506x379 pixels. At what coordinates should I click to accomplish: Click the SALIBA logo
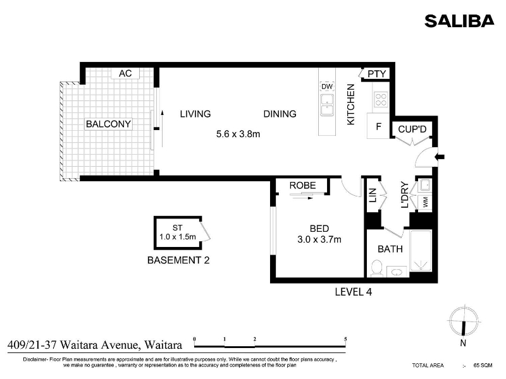point(459,21)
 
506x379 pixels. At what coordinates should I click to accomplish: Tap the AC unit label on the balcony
point(125,73)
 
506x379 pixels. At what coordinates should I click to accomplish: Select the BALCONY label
point(108,124)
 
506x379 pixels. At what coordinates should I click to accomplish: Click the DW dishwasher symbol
point(327,87)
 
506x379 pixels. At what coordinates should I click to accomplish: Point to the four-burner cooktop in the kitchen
point(381,99)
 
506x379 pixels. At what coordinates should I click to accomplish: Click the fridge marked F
point(378,126)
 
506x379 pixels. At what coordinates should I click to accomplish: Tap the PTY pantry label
point(376,74)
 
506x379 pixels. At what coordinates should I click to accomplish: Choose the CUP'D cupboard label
point(412,129)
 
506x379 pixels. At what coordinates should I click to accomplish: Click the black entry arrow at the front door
point(440,157)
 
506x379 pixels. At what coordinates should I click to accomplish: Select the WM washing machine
point(425,203)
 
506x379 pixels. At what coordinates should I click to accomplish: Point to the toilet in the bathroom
point(376,268)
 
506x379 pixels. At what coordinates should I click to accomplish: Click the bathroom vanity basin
point(397,272)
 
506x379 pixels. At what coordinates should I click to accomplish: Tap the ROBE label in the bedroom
point(302,186)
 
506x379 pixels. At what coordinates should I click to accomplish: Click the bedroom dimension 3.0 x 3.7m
point(319,239)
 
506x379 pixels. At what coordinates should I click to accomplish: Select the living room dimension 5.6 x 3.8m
point(238,134)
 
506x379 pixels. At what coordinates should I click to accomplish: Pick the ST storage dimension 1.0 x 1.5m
point(178,237)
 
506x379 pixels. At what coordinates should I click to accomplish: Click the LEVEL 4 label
point(354,292)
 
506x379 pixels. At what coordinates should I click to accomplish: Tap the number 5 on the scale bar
point(345,339)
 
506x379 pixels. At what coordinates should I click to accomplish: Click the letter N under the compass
point(463,343)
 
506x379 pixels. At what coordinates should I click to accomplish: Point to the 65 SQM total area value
point(483,365)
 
